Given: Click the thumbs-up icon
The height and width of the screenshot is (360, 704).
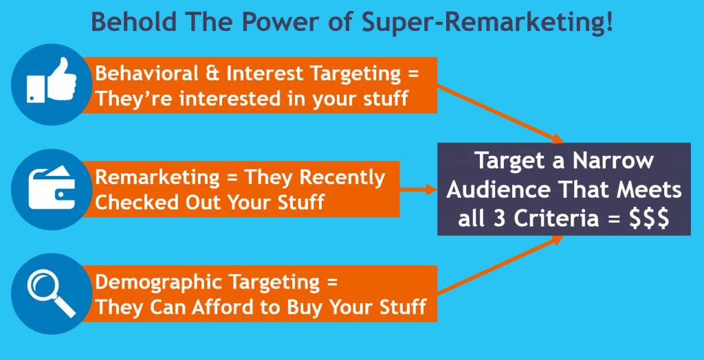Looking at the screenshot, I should click(47, 85).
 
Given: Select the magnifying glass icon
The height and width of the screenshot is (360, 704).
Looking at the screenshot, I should click(47, 293).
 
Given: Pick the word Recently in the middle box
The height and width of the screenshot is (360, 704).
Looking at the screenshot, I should click(344, 177).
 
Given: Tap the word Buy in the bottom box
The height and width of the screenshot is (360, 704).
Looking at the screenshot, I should click(302, 307).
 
